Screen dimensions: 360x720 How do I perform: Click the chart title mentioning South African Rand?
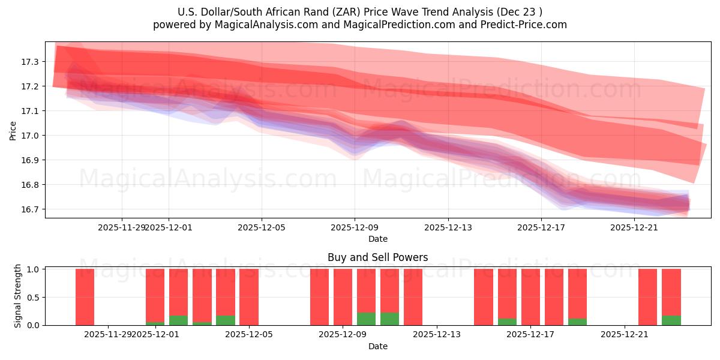pyautogui.click(x=360, y=12)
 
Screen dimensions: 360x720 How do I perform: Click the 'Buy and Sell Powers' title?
pyautogui.click(x=377, y=257)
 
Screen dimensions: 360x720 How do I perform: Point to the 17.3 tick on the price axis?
pyautogui.click(x=29, y=62)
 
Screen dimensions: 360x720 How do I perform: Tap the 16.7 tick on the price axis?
pyautogui.click(x=29, y=209)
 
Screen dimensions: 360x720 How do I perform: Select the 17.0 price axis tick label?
pyautogui.click(x=29, y=136)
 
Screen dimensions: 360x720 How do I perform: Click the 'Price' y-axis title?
pyautogui.click(x=13, y=130)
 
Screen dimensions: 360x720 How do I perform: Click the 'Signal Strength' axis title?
pyautogui.click(x=18, y=296)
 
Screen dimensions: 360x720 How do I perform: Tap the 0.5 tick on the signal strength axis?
pyautogui.click(x=34, y=297)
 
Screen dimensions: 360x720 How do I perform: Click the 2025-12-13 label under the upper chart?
pyautogui.click(x=448, y=227)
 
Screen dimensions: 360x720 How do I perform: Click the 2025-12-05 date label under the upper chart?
pyautogui.click(x=262, y=227)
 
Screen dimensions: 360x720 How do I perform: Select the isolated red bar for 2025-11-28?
pyautogui.click(x=85, y=297)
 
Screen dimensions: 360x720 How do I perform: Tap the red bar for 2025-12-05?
pyautogui.click(x=249, y=297)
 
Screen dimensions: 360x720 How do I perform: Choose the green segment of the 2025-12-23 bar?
pyautogui.click(x=671, y=320)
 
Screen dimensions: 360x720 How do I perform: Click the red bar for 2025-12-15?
pyautogui.click(x=484, y=297)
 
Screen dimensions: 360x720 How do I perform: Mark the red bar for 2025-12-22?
pyautogui.click(x=648, y=297)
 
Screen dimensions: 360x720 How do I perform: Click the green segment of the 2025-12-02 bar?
pyautogui.click(x=178, y=320)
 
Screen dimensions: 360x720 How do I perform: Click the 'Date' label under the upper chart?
pyautogui.click(x=377, y=239)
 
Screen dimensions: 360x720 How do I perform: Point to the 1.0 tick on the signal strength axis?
pyautogui.click(x=34, y=269)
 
